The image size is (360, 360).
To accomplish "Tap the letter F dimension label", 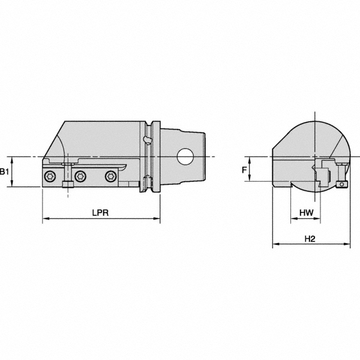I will point(244,170).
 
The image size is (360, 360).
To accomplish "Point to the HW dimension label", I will point(305,213).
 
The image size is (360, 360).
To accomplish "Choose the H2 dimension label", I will point(310,238).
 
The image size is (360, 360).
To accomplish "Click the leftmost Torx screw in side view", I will point(50,176).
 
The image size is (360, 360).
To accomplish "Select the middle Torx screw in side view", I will point(80,176).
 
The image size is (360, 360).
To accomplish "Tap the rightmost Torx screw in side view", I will point(110,176).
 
